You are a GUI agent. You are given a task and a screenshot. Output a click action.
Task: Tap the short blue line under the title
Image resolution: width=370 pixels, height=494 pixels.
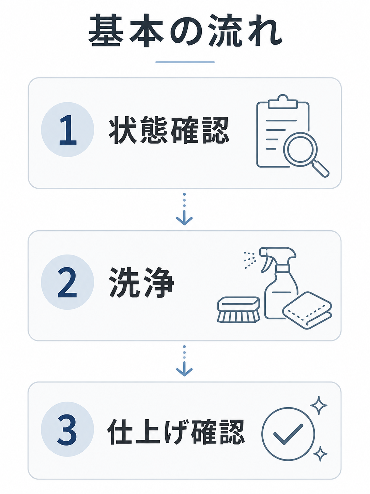tap(185, 62)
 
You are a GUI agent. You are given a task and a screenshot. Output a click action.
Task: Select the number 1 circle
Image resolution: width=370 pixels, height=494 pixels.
tap(67, 129)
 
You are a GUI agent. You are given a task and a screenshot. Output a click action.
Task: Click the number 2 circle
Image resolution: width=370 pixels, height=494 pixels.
tap(67, 282)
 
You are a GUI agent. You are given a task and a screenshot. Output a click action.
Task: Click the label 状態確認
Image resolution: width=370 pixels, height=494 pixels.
tap(169, 130)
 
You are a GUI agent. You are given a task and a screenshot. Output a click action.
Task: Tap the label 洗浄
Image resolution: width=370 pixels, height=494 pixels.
tap(141, 282)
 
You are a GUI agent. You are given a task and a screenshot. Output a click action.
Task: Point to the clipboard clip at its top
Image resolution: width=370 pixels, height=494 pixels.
tap(283, 102)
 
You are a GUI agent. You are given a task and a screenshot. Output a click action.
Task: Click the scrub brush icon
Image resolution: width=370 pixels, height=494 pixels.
tap(238, 310)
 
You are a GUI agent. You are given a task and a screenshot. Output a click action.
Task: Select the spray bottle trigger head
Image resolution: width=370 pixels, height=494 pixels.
tap(277, 257)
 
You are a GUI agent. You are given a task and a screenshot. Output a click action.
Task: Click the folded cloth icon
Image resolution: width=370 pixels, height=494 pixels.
tap(307, 311)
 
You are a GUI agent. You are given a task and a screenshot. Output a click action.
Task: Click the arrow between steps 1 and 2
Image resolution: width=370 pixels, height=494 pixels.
tap(184, 209)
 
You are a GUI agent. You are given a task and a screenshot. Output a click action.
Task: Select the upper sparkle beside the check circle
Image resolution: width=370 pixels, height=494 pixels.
tap(319, 405)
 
